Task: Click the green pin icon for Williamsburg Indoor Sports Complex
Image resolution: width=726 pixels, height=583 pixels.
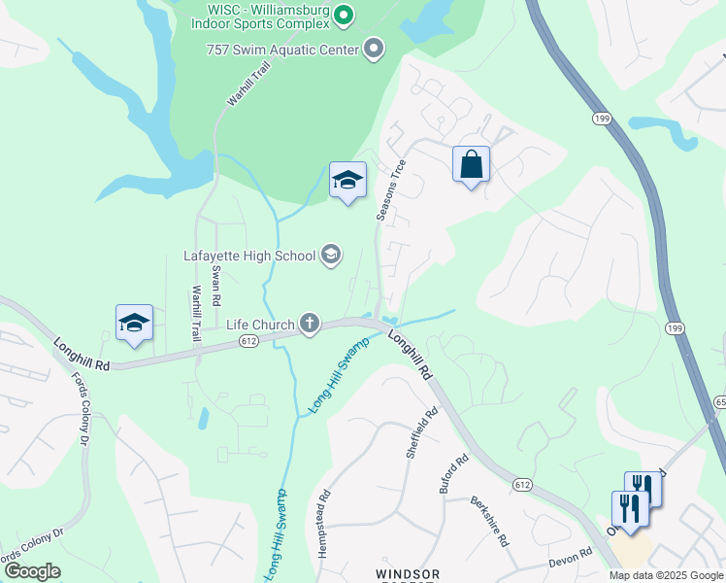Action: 343,15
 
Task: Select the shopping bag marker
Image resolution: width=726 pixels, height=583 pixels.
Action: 471,164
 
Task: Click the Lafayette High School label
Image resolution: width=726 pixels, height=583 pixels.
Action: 249,257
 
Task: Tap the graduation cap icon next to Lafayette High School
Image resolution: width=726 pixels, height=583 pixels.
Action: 330,256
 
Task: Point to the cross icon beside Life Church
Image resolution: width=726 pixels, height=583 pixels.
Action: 310,324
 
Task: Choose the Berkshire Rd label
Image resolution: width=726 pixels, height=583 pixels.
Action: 490,522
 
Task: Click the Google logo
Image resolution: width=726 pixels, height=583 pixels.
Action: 32,571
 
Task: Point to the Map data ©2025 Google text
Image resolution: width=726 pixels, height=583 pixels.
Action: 665,575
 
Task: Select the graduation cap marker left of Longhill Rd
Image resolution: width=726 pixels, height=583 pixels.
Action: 134,324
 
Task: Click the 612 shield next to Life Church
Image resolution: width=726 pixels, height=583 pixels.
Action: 248,341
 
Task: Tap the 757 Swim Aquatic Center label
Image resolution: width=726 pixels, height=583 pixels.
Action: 281,49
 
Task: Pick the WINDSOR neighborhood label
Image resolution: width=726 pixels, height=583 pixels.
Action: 409,574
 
